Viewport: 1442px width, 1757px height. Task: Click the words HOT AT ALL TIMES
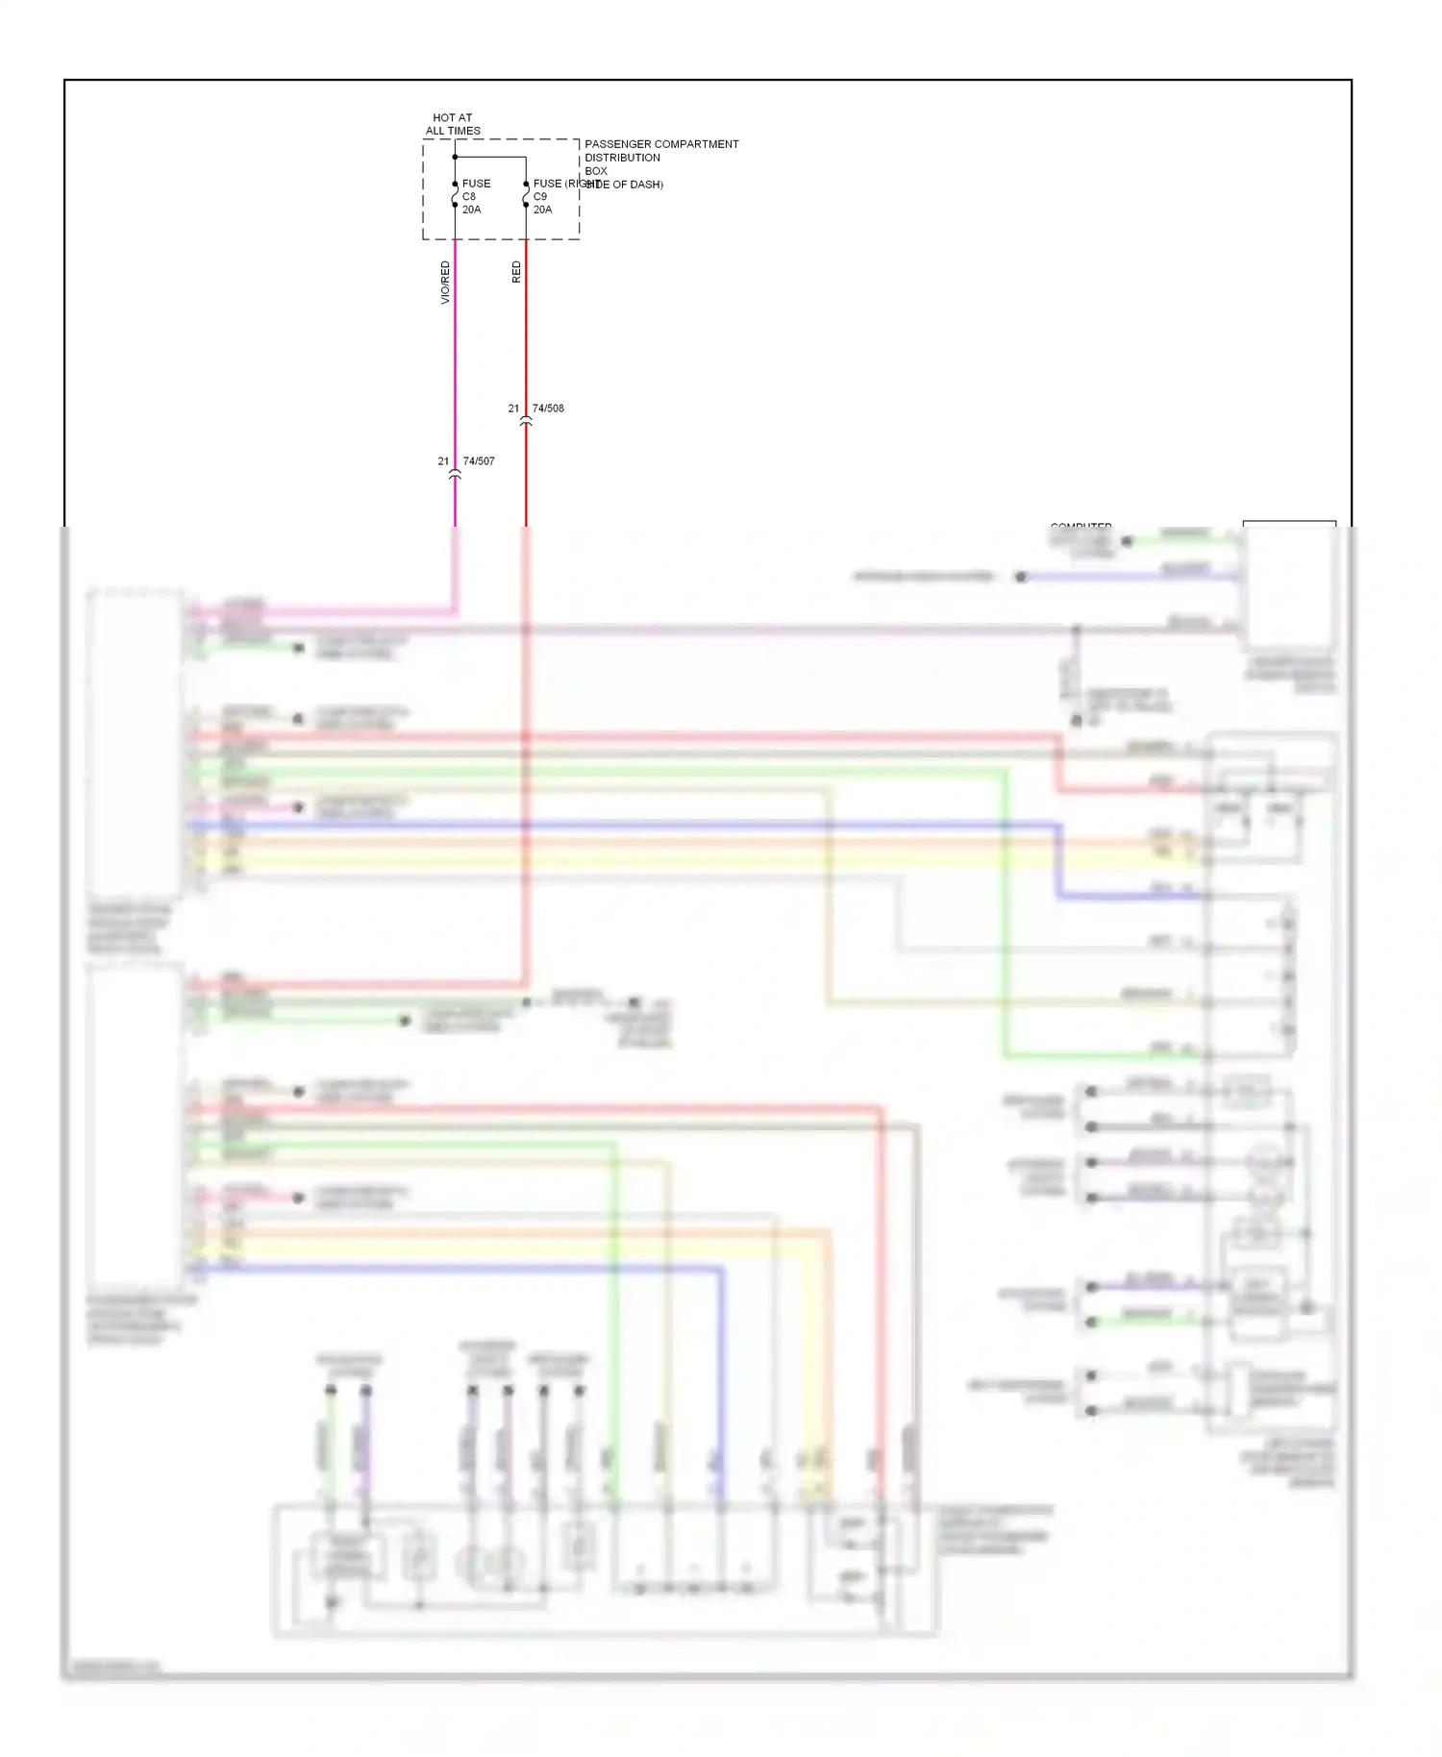453,124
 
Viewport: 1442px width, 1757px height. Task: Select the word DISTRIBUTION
622,158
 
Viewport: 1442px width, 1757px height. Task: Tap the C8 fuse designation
469,196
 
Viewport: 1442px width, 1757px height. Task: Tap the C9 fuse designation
540,196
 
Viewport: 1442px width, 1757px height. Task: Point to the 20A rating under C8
471,210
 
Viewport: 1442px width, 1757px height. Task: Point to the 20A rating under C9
543,210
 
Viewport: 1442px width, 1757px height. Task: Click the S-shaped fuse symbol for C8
455,195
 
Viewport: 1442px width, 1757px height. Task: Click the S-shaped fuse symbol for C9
526,195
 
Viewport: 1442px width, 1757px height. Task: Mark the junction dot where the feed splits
455,157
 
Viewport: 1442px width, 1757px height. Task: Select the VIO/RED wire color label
445,283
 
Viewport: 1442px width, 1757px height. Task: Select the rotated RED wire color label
516,272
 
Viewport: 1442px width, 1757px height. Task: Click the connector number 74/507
479,461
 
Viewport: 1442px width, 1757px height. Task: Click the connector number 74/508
548,408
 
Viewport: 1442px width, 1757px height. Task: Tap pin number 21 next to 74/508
513,408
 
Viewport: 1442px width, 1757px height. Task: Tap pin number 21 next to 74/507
443,461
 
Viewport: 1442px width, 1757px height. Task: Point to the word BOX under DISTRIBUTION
596,171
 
